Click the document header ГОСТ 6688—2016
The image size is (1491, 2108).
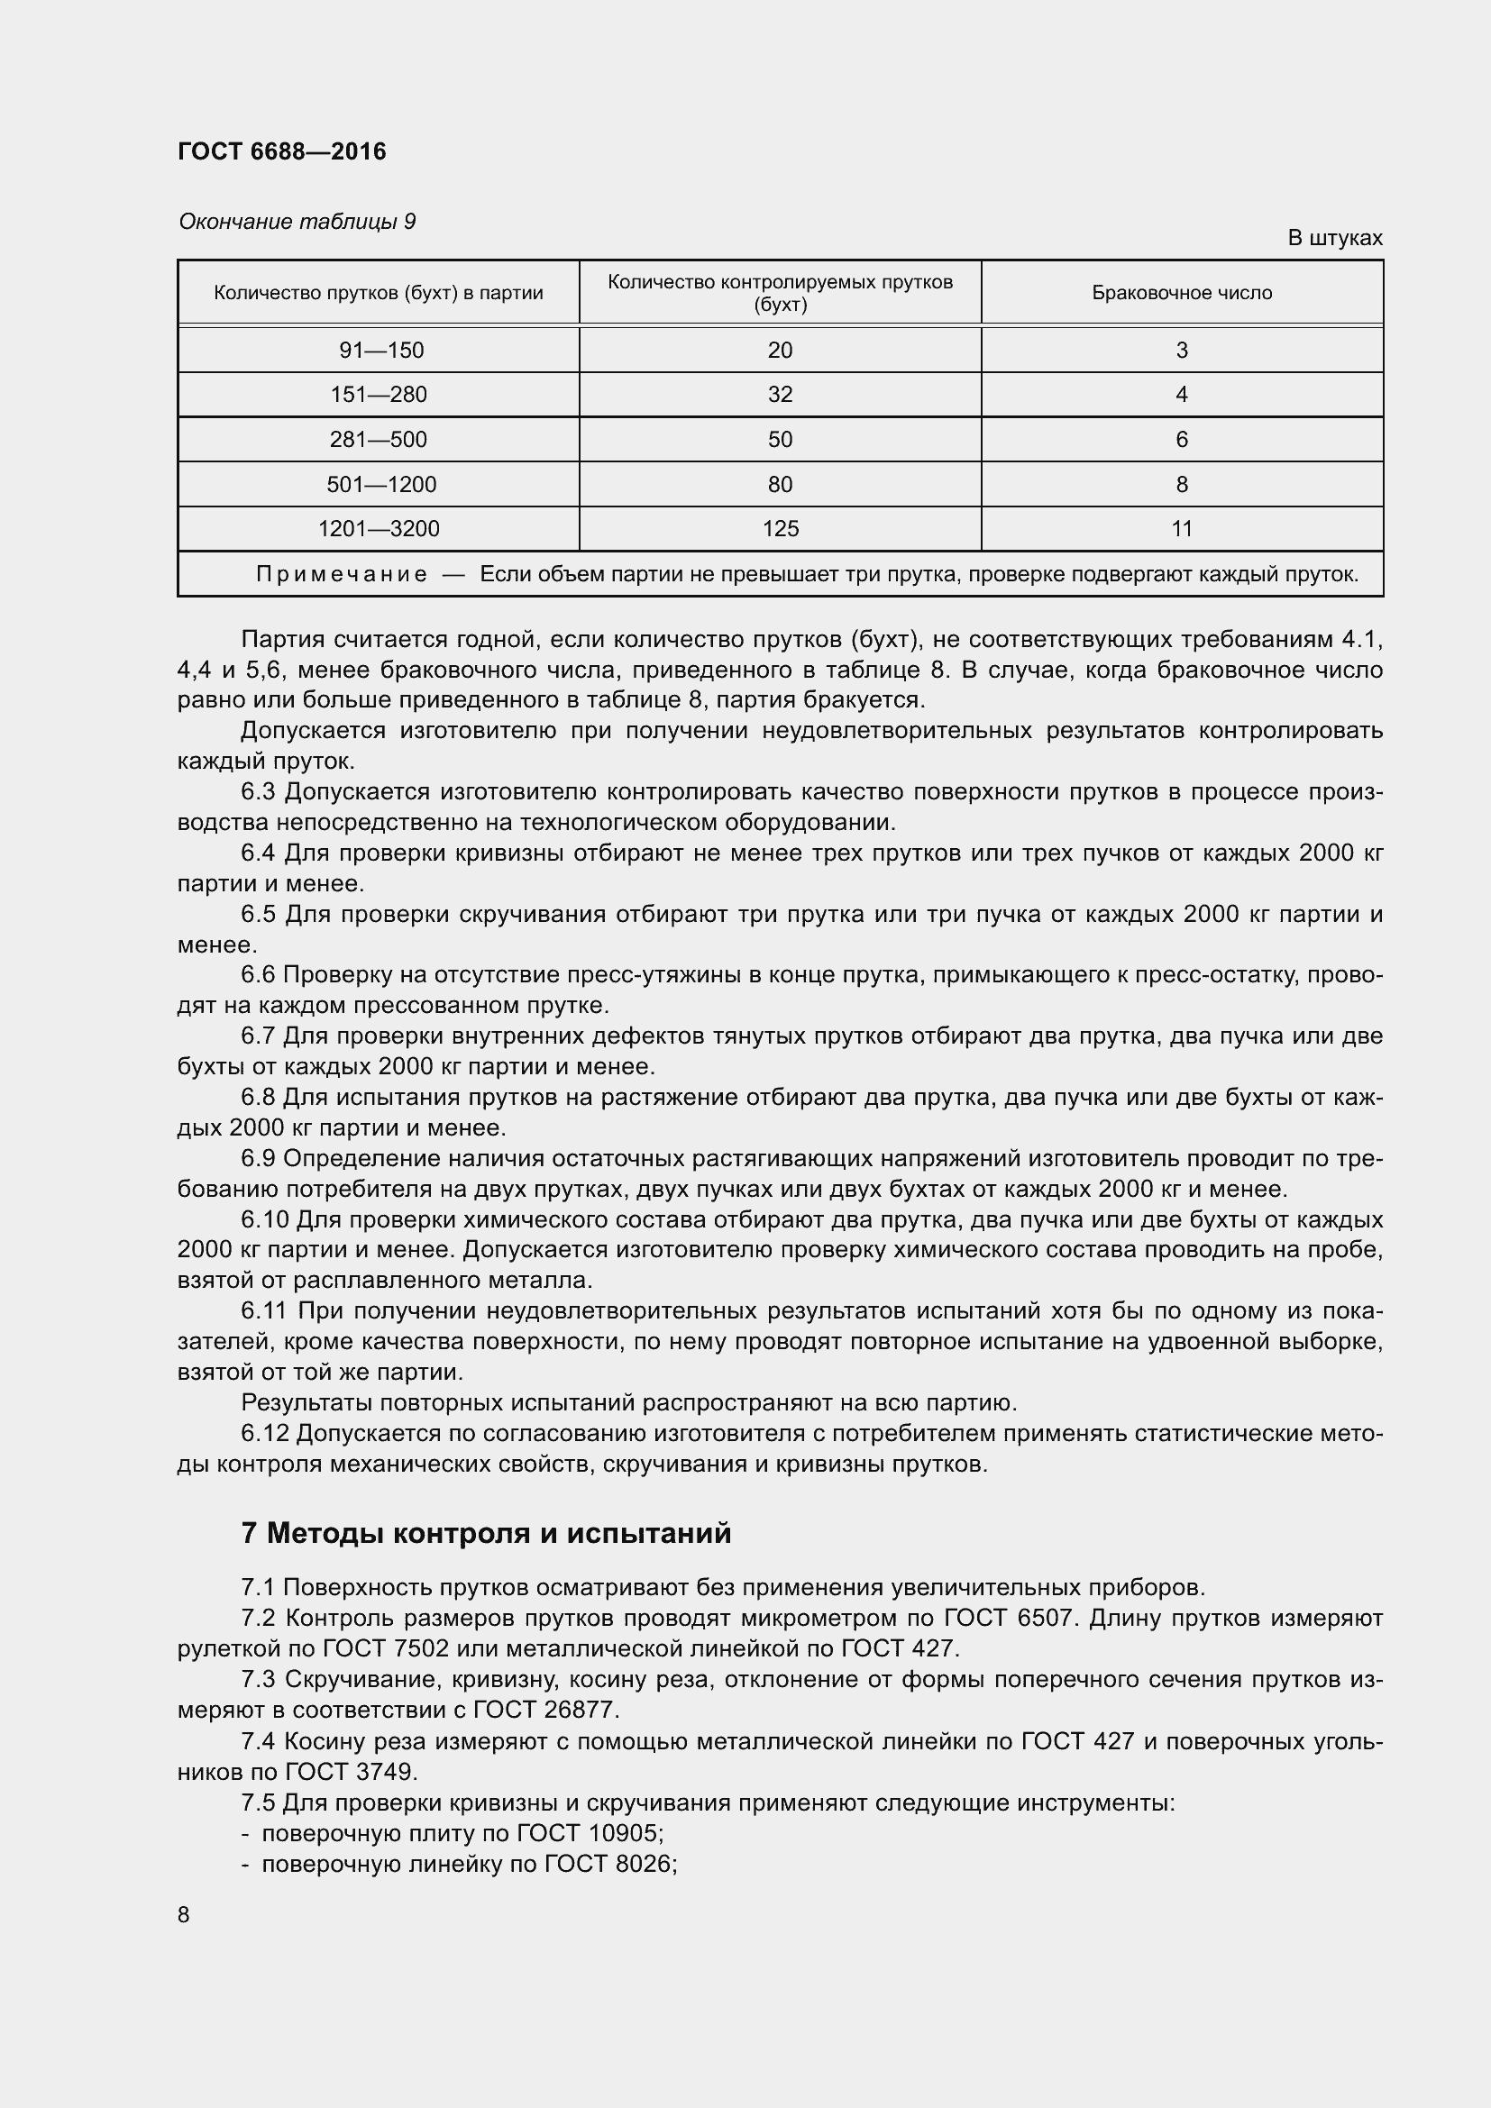pyautogui.click(x=282, y=151)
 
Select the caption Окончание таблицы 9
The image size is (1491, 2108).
pyautogui.click(x=297, y=222)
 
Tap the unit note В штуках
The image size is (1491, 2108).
pyautogui.click(x=1334, y=238)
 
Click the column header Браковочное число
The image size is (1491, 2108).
pyautogui.click(x=1182, y=293)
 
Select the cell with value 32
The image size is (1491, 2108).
pyautogui.click(x=780, y=395)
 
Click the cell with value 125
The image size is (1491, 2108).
pyautogui.click(x=780, y=529)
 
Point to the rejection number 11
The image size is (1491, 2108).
pyautogui.click(x=1182, y=529)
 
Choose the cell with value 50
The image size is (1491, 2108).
pyautogui.click(x=780, y=439)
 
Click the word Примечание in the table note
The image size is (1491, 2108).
pyautogui.click(x=342, y=575)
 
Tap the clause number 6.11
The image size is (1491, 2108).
pyautogui.click(x=264, y=1311)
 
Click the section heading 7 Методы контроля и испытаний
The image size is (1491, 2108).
pyautogui.click(x=486, y=1533)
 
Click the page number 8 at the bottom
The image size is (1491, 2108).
pyautogui.click(x=184, y=1914)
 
